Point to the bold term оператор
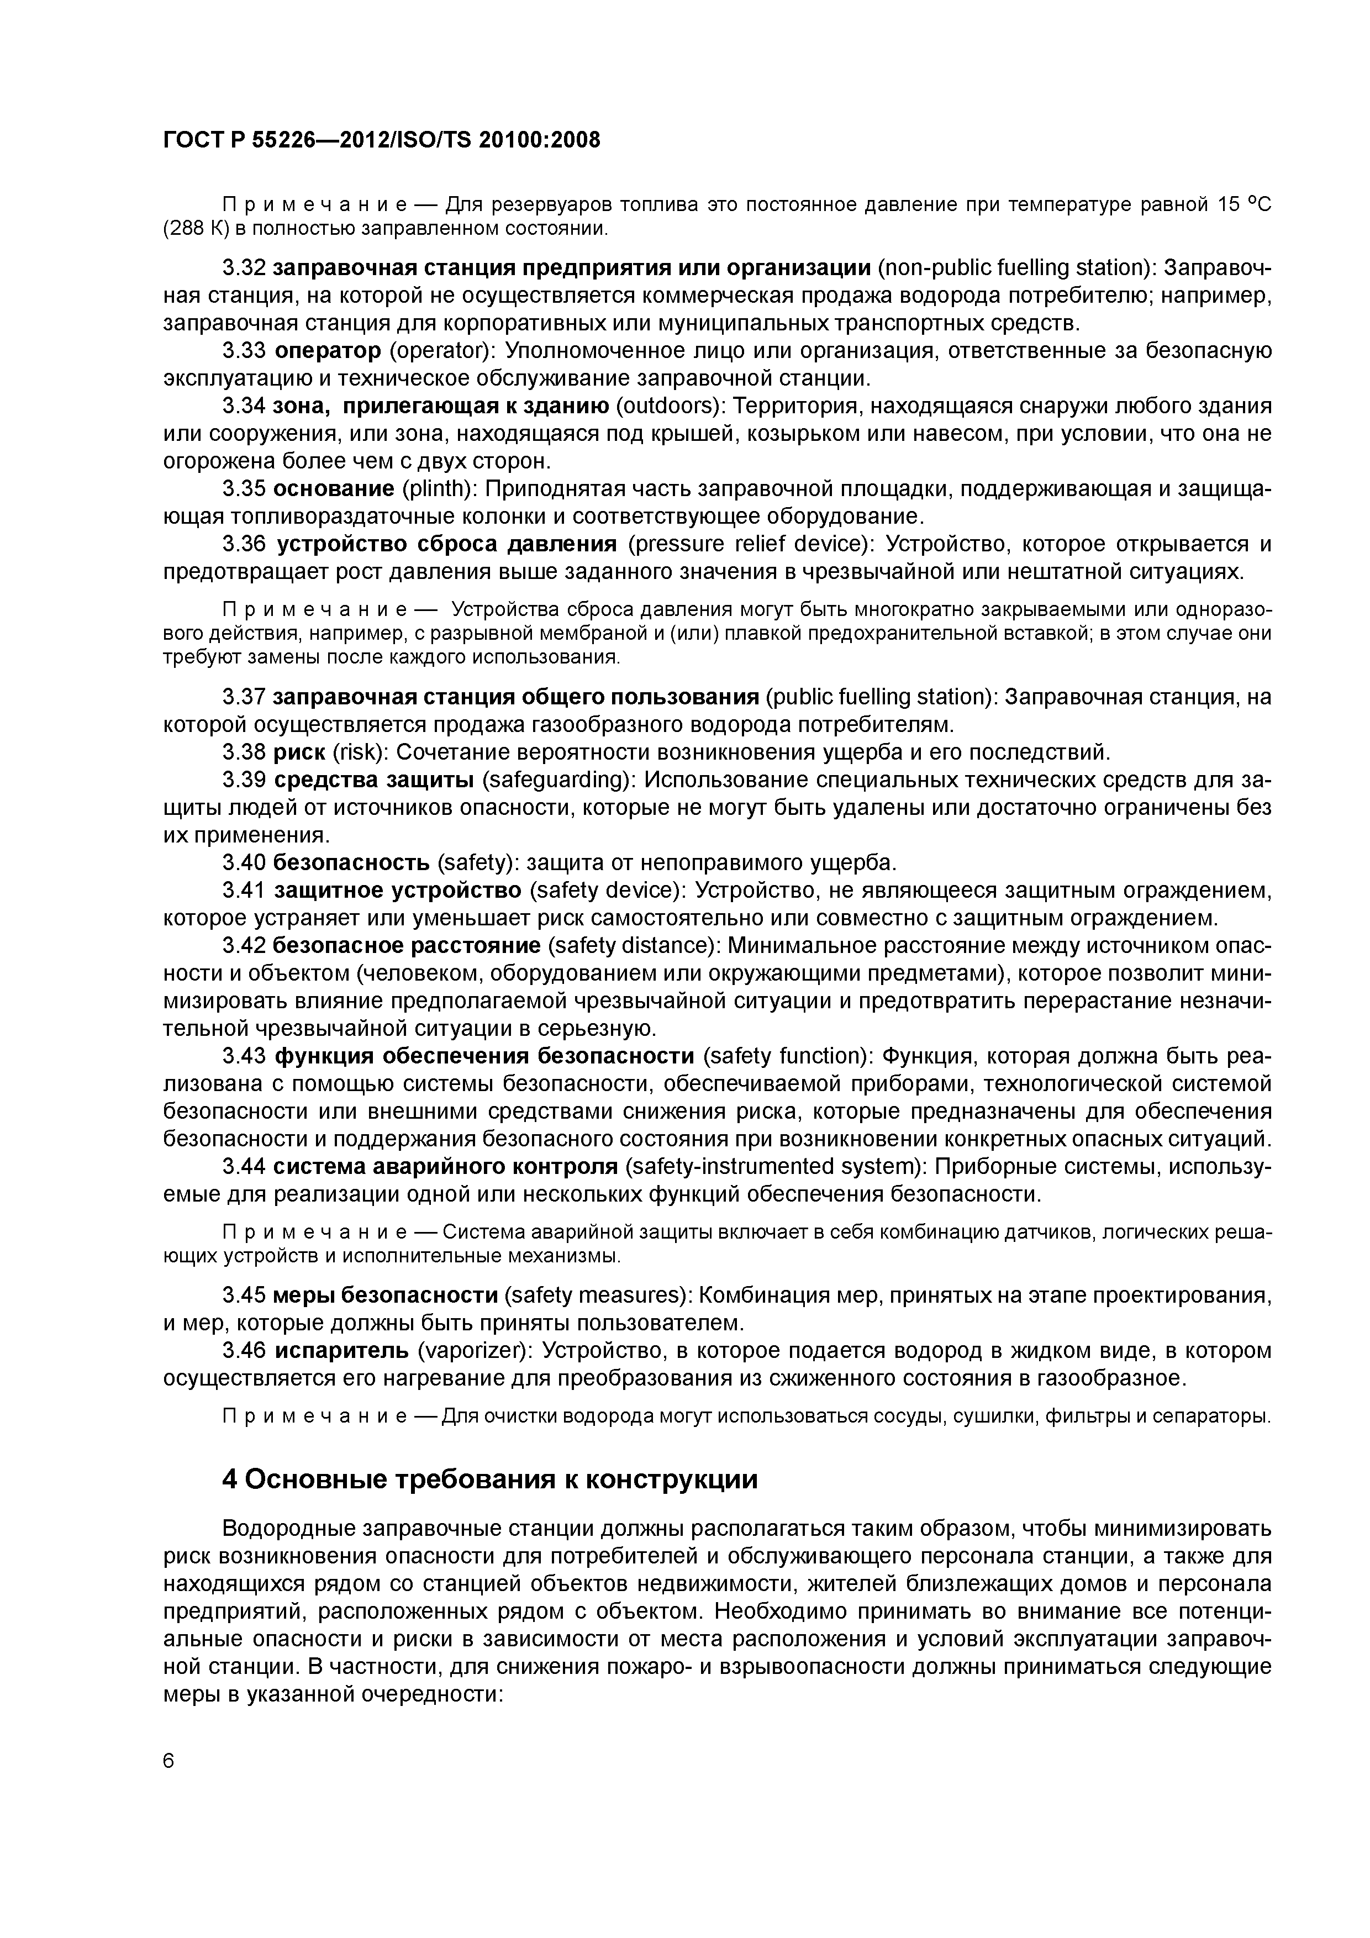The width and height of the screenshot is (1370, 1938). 328,350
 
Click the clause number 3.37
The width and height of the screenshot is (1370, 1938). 244,697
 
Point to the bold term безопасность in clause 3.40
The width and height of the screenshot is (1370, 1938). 352,862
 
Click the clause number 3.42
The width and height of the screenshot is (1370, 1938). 244,945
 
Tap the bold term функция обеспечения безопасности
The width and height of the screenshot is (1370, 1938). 484,1056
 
